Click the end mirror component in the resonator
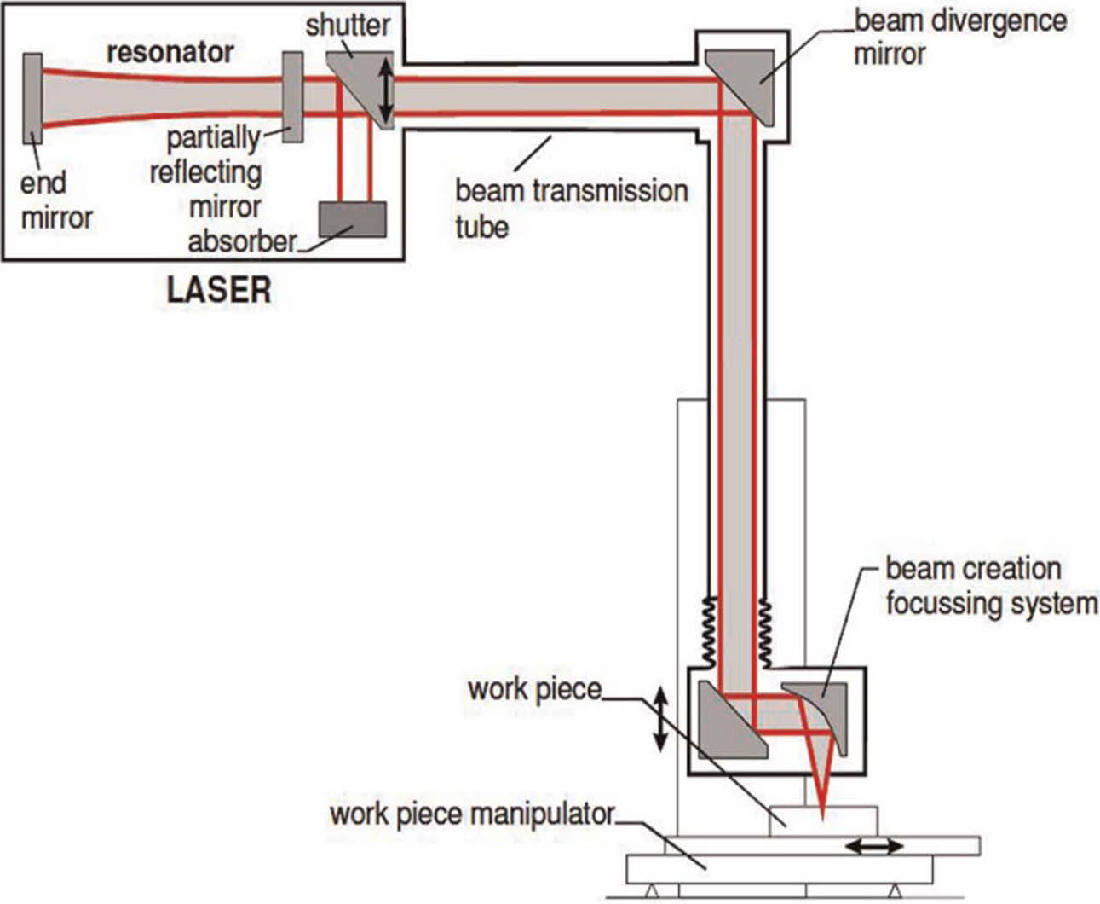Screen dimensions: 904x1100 coord(32,99)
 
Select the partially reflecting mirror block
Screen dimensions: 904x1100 coord(292,96)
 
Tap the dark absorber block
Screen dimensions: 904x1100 coord(352,219)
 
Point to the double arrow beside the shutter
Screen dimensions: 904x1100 coord(386,88)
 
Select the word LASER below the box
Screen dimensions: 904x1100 coord(219,291)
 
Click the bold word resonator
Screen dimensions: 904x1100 coord(170,52)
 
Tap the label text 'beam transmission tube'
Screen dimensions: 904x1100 coord(571,208)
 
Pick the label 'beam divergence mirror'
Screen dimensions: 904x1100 coord(959,37)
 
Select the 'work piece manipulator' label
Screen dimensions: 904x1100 coord(472,814)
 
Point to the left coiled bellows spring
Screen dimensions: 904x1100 coord(708,631)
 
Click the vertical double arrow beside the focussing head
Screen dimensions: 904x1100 coord(661,721)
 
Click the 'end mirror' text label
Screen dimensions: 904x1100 coord(56,200)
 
